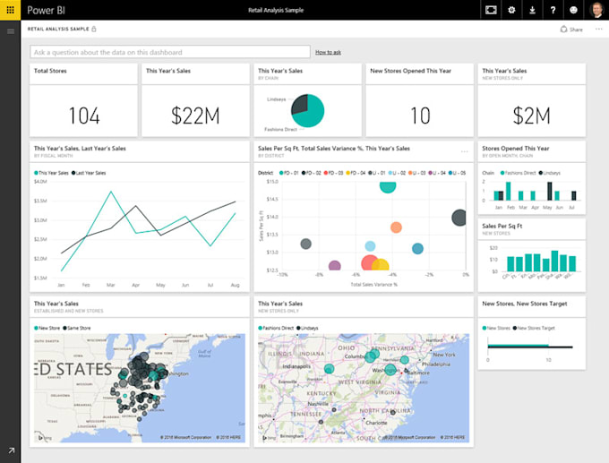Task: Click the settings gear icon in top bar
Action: (x=511, y=10)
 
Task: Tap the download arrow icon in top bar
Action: (x=532, y=10)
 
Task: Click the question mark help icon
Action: (x=553, y=10)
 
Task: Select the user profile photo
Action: (x=596, y=10)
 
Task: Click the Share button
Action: (x=570, y=30)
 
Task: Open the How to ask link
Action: (x=328, y=53)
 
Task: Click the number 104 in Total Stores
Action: (x=83, y=116)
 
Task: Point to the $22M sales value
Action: (x=194, y=116)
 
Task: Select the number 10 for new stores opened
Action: (x=419, y=116)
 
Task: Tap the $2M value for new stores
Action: (x=531, y=116)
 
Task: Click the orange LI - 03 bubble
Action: (x=396, y=227)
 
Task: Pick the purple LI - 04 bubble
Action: (x=335, y=266)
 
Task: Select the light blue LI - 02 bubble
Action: (x=370, y=245)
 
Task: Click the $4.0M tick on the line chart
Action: (x=40, y=181)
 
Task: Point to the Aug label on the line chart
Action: (x=234, y=285)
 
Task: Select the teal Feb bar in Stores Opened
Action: (x=508, y=192)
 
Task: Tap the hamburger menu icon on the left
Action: (x=11, y=31)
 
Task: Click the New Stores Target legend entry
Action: (x=540, y=329)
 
